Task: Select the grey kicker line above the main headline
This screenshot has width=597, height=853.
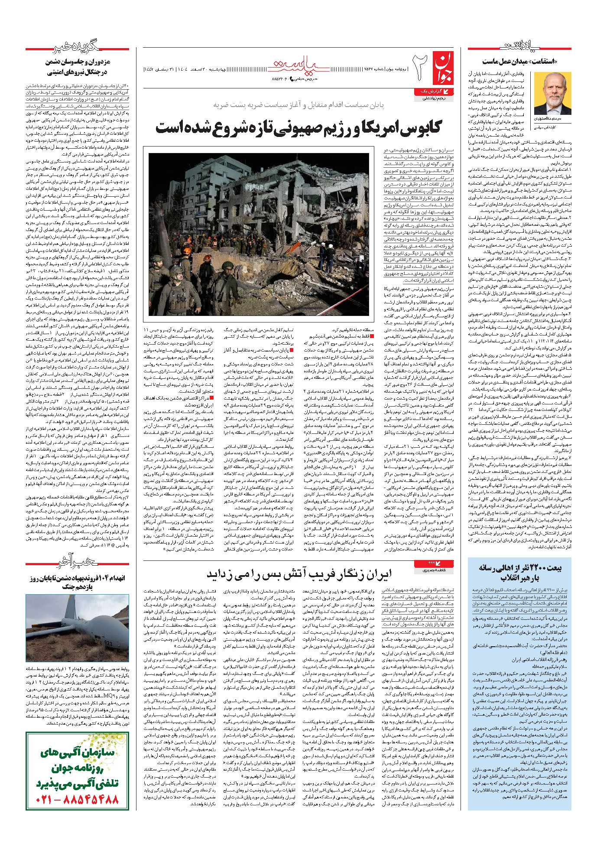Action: tap(298, 105)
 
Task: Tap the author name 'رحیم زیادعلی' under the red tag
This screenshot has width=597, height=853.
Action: tap(432, 98)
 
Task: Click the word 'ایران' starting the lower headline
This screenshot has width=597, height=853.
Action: tap(377, 574)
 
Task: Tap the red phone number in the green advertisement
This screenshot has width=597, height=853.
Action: tap(77, 798)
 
